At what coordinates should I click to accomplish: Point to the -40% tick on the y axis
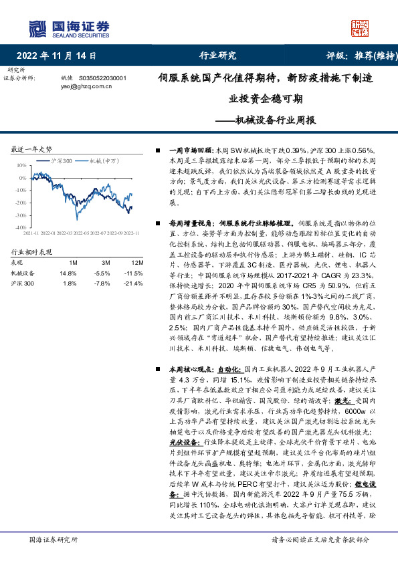20,227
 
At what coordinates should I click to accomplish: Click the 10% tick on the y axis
21,164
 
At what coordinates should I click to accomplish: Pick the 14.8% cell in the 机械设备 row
68,273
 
